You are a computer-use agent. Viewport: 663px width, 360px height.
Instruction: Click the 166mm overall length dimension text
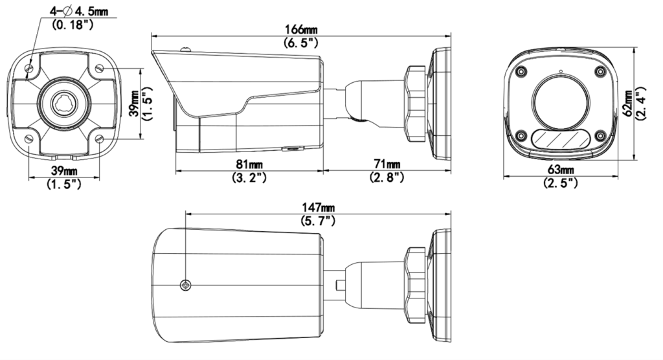click(x=301, y=30)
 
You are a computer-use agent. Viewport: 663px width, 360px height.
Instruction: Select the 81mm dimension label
click(x=249, y=164)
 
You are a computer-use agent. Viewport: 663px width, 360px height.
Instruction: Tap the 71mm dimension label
click(x=387, y=164)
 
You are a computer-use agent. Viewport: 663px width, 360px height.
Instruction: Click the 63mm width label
click(x=561, y=170)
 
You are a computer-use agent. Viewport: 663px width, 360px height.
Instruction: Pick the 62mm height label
click(x=628, y=103)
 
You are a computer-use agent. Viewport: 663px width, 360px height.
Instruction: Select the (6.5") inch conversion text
click(x=301, y=42)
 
